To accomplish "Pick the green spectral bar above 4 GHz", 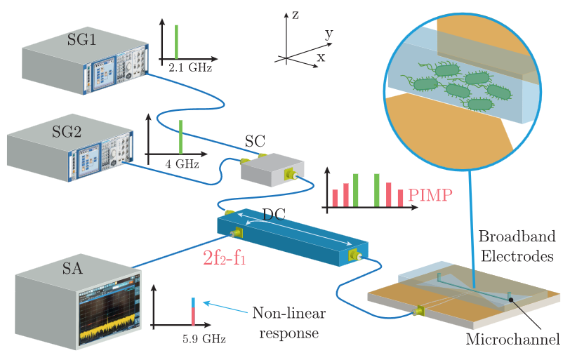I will [x=180, y=137].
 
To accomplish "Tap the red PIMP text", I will [x=431, y=194].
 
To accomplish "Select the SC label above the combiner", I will [x=255, y=140].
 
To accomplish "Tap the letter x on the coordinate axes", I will [x=321, y=58].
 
